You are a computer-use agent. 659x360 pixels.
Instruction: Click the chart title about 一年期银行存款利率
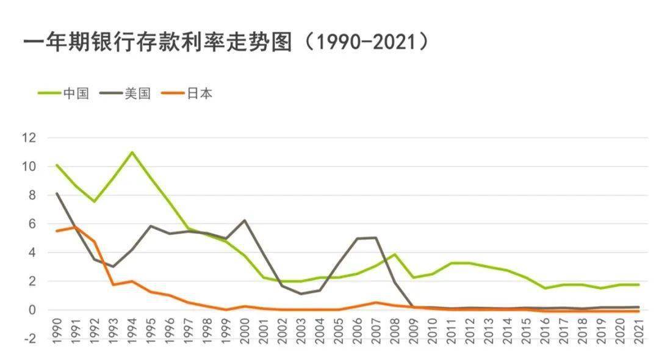coord(226,43)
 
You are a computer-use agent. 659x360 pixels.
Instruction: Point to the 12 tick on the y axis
coord(29,138)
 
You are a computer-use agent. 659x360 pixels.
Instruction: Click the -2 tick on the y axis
coord(29,339)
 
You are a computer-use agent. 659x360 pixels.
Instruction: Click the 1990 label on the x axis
coord(57,347)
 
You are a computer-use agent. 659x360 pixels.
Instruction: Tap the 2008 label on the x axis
coord(395,347)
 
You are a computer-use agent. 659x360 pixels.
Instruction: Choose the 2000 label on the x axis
coord(245,347)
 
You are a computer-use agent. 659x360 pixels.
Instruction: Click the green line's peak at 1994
coord(132,152)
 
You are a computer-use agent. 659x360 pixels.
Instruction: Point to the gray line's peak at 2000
coord(245,220)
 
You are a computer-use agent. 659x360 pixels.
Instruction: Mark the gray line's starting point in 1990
coord(57,193)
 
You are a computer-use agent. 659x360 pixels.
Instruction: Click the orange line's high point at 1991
coord(76,227)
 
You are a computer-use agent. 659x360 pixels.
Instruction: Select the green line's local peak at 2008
coord(395,254)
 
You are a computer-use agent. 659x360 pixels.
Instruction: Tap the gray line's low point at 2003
coord(301,294)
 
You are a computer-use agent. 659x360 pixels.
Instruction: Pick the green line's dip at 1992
coord(95,201)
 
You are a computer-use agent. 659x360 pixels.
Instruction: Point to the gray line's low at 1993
coord(113,267)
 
